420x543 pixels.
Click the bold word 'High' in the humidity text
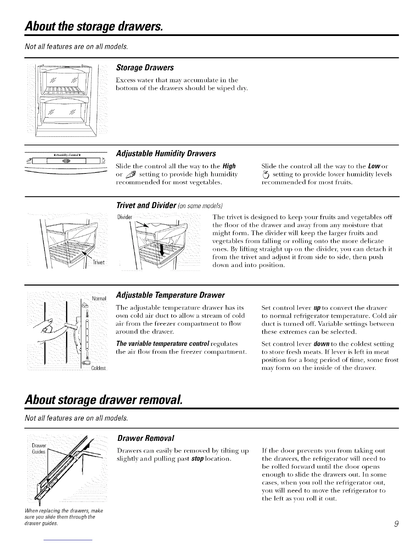click(x=229, y=166)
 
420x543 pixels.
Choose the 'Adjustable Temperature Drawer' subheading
click(x=171, y=295)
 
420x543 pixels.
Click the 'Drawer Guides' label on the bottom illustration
click(x=38, y=449)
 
